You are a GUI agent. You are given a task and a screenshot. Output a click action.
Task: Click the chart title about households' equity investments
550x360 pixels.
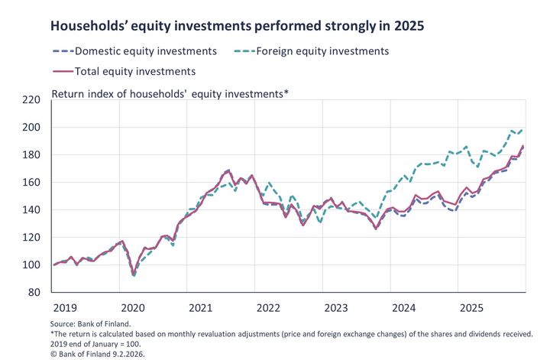coord(237,25)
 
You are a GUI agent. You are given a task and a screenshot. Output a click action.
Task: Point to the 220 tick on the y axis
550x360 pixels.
coord(31,99)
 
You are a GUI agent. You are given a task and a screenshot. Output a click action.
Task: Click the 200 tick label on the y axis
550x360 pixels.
coord(31,127)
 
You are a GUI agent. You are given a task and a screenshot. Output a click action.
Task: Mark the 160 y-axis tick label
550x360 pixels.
coord(31,182)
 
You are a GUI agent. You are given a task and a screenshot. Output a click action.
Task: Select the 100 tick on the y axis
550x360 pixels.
coord(31,264)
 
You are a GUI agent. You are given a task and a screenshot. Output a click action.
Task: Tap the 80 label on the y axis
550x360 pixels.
coord(34,292)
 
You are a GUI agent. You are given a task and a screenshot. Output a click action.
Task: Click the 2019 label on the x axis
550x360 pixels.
coord(65,307)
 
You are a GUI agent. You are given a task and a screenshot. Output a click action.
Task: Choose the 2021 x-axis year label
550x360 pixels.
coord(200,307)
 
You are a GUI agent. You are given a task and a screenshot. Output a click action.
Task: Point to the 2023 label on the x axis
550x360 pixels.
coord(336,307)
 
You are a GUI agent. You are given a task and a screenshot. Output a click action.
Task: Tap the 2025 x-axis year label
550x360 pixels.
coord(471,307)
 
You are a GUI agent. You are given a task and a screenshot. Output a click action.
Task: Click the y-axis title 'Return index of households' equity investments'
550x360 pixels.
coord(170,94)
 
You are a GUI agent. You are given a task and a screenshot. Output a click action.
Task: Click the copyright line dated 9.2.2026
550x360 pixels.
coord(99,353)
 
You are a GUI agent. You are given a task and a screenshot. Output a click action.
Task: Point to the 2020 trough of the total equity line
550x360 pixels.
coord(134,272)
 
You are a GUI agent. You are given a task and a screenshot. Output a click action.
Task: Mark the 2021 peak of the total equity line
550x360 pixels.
coord(228,170)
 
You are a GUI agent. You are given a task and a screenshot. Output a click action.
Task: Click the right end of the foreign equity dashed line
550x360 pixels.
coord(523,130)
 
